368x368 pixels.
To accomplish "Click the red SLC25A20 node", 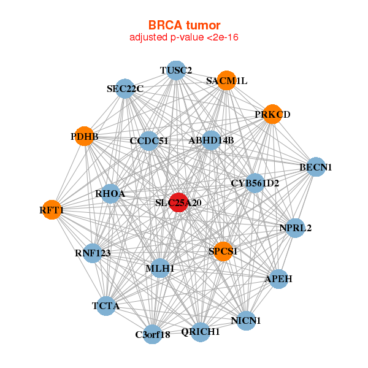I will pos(178,203).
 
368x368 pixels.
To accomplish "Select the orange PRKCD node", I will pos(272,115).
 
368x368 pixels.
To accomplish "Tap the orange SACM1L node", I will pos(226,81).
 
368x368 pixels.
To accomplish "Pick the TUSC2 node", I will pos(176,70).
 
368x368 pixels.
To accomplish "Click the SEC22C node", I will pos(125,88).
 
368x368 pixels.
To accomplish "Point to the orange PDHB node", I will pos(84,136).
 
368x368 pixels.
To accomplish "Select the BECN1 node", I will pos(315,167).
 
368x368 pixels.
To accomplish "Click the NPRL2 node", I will pos(296,228).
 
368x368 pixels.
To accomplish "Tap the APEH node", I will pos(278,279).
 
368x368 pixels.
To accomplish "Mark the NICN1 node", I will pos(246,320).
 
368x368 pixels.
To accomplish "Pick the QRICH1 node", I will pos(201,332).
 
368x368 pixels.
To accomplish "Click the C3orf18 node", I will pos(153,335).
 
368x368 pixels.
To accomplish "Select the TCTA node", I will pos(106,305).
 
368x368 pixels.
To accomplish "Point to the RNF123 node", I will pos(91,253).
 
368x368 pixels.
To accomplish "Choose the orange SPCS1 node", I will pos(223,251).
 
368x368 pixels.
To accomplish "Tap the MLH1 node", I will pos(160,268).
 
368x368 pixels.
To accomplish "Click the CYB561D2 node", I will pos(255,183).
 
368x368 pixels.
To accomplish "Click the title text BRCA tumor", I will pos(184,25).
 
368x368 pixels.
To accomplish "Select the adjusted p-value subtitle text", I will pos(184,37).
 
